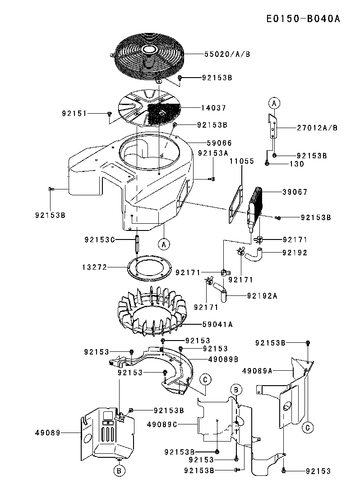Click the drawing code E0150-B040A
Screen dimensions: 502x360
302,19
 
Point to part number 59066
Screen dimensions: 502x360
220,143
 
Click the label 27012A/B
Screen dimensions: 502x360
317,128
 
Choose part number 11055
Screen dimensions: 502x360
242,161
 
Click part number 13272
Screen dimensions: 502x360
95,267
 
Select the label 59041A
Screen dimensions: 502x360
219,323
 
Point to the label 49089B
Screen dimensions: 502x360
223,359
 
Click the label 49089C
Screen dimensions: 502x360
162,424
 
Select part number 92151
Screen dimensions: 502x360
74,114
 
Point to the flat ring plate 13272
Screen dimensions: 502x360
148,269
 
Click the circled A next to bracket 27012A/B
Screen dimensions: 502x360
273,103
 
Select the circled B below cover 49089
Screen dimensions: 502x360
119,471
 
